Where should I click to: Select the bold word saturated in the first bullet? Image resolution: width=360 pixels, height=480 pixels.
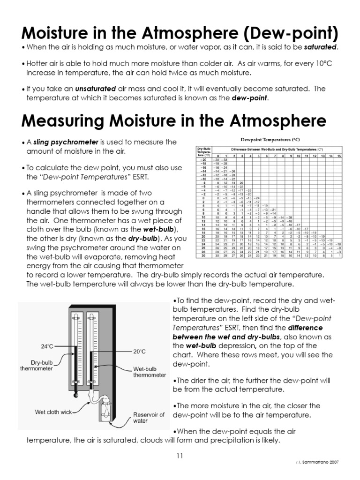(x=321, y=47)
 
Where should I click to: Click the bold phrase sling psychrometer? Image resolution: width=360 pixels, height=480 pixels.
(x=66, y=142)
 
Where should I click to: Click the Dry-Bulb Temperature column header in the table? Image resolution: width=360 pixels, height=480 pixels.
(x=203, y=152)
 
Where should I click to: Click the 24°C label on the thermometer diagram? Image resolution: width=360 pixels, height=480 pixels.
(x=47, y=346)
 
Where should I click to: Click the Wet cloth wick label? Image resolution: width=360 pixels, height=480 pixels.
(x=53, y=412)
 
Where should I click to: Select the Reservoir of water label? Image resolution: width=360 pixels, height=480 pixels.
(x=149, y=418)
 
